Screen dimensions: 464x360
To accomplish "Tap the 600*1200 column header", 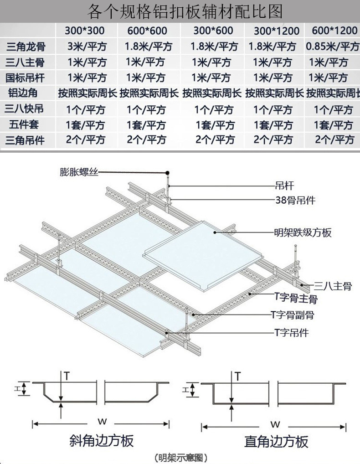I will coord(334,31).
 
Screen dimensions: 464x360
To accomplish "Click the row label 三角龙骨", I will coord(26,46).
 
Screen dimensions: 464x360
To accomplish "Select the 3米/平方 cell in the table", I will coord(86,46).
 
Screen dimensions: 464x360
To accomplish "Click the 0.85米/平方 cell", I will coord(333,46).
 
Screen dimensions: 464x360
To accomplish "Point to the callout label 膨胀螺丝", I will coord(79,172).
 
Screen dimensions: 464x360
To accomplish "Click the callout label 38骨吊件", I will coord(295,200).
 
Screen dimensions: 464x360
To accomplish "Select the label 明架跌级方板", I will coord(302,232).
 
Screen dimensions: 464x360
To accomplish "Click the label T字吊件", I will coord(292,333).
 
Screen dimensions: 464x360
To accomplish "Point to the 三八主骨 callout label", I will coord(333,286).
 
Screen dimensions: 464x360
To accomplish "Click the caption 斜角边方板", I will coord(101,441).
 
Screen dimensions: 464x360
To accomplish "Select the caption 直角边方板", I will coord(276,441).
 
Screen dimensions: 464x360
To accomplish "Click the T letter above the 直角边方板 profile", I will coord(237,376).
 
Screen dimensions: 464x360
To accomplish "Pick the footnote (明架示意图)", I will coord(181,457).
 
